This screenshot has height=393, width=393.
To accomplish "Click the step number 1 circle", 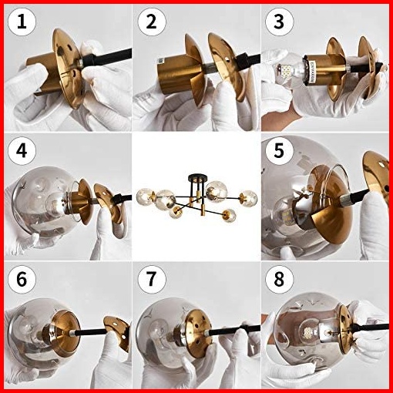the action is [x=22, y=22].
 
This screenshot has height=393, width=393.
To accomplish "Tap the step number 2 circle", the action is [x=151, y=22].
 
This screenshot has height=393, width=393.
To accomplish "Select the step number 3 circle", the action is [x=279, y=22].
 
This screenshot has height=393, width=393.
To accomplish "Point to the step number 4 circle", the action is [x=22, y=151].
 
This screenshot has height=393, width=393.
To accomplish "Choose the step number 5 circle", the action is [x=279, y=151].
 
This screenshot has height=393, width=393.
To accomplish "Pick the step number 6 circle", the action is [x=22, y=279].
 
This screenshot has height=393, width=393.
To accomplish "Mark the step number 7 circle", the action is [x=151, y=279].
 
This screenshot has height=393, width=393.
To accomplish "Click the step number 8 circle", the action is [x=279, y=279].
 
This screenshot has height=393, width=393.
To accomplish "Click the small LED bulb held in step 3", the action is [x=287, y=71].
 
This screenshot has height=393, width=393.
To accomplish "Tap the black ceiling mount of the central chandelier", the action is [x=197, y=177].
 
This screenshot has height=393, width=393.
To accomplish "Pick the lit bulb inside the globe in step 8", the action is [x=309, y=332].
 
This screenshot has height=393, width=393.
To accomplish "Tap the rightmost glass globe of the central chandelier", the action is [x=248, y=197].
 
